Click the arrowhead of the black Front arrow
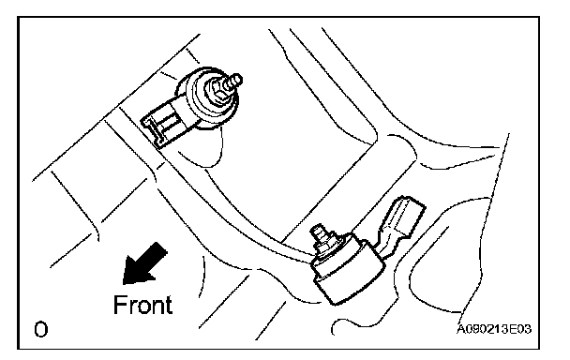135,270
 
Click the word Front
142,305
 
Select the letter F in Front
119,305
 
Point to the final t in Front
169,306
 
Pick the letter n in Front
157,307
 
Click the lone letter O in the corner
40,329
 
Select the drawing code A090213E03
494,329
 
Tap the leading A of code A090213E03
461,329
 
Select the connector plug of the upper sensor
164,125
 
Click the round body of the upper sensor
210,98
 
